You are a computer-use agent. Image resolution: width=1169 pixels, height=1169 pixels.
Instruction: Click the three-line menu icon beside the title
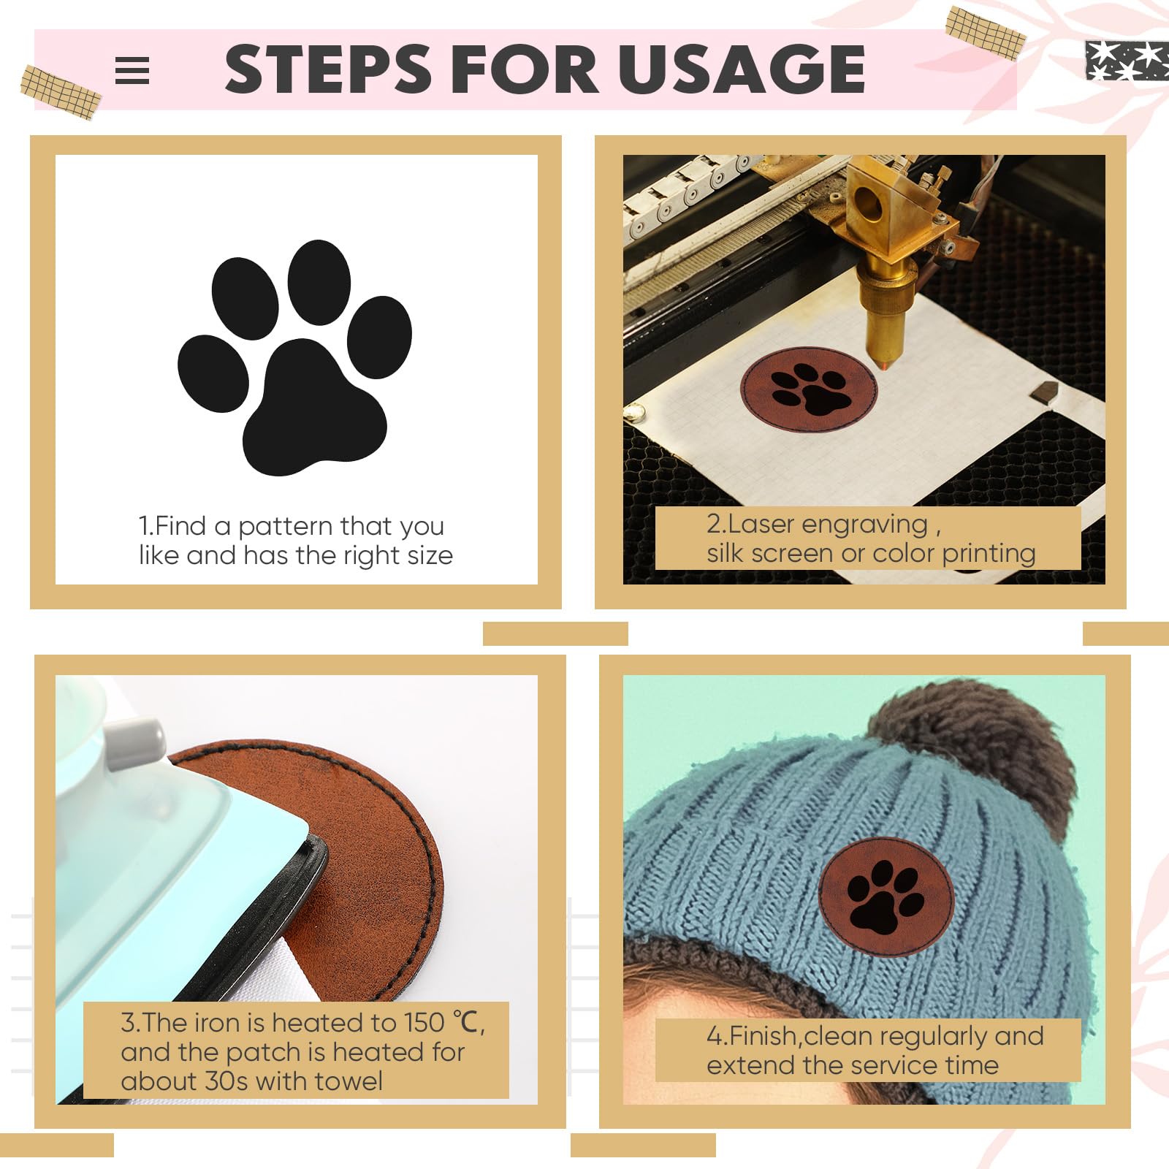132,71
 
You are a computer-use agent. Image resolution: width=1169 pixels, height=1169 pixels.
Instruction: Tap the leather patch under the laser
809,389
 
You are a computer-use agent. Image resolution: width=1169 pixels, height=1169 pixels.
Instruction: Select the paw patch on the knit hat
886,897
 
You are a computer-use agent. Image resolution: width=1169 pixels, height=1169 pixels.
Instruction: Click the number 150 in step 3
424,1023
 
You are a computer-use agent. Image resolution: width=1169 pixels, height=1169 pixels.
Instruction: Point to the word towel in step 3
349,1081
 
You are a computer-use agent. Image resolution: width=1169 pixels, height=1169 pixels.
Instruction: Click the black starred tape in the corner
1127,60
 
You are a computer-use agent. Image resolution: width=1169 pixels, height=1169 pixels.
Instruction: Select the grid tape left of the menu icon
61,92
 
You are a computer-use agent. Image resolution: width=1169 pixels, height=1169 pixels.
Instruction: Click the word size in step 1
430,556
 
